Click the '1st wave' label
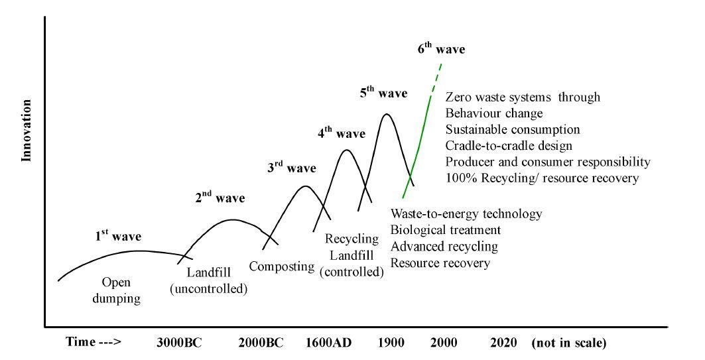[117, 235]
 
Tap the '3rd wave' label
[292, 168]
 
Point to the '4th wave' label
[341, 133]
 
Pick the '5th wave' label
[383, 93]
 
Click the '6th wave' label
[440, 49]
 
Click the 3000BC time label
[178, 343]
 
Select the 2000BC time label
[260, 343]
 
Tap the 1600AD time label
[328, 343]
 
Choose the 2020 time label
[505, 343]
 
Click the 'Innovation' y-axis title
[27, 131]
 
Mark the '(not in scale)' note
[568, 343]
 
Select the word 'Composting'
[281, 267]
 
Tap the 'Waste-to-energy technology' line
[467, 214]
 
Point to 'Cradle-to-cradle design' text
[509, 145]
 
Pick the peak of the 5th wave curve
[385, 114]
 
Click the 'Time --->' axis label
[94, 343]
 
